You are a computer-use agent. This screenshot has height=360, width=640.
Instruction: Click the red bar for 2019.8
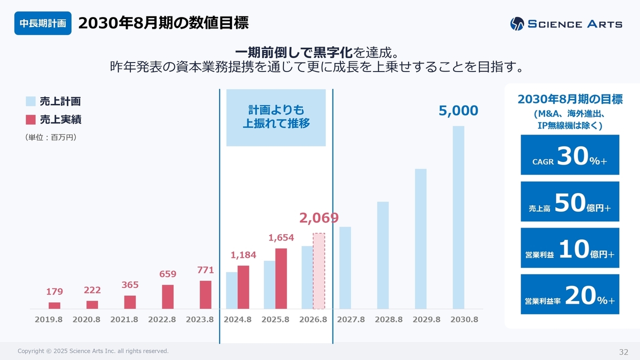tap(54, 305)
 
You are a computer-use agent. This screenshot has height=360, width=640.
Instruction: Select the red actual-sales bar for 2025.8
tap(281, 278)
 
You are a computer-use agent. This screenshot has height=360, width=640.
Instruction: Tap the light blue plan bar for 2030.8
tap(458, 217)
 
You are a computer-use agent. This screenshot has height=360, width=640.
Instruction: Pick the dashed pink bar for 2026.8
tap(319, 271)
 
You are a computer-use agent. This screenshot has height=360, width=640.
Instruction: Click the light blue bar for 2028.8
tap(383, 255)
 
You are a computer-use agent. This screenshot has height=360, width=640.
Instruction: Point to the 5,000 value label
tap(458, 111)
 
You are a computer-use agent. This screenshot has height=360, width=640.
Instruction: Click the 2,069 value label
tap(319, 218)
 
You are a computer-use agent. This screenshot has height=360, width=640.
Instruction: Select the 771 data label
tap(205, 270)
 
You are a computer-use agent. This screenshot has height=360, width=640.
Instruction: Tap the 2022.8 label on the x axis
tap(162, 319)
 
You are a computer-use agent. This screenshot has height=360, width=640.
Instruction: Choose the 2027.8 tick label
tap(351, 319)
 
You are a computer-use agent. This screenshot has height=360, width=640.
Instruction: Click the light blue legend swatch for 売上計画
tap(31, 101)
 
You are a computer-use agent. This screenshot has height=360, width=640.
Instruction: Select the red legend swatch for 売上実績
tap(31, 119)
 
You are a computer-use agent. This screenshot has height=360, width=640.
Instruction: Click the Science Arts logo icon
tap(517, 24)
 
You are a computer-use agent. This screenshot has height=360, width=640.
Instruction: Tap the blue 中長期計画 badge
tap(43, 23)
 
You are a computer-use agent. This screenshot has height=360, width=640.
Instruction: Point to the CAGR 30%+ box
tap(570, 155)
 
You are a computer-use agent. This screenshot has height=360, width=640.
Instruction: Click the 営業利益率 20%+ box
tap(570, 294)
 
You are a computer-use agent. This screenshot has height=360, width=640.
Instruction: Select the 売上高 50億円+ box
tap(570, 201)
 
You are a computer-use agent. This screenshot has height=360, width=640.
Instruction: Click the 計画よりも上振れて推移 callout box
tap(276, 117)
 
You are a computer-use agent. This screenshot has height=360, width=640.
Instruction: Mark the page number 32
tap(623, 351)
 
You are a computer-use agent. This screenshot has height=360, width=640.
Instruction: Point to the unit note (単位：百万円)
tap(50, 137)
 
